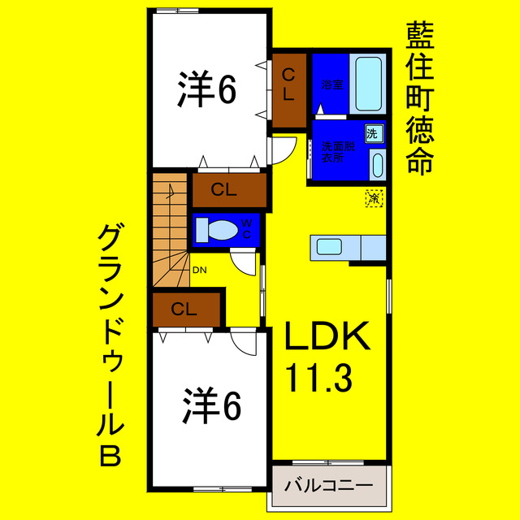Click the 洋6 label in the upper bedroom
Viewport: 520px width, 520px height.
[x=207, y=89]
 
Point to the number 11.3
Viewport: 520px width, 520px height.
[x=318, y=376]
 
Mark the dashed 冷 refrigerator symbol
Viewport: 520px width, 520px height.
[x=374, y=197]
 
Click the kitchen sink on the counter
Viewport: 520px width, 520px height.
[x=329, y=247]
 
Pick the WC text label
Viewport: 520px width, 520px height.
[x=248, y=229]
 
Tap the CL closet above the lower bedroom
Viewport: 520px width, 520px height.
[x=186, y=309]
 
